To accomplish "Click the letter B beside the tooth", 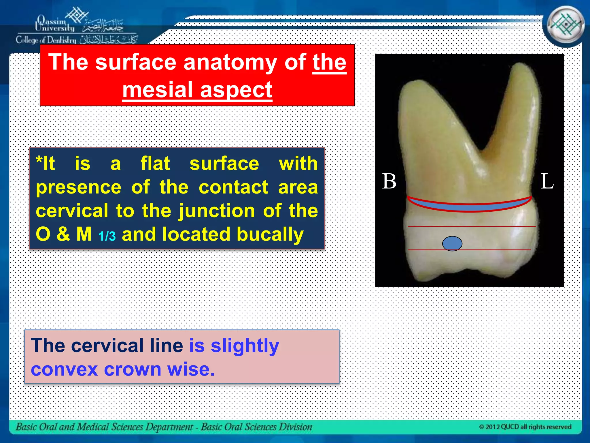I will point(389,181).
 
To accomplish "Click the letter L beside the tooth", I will point(547,181).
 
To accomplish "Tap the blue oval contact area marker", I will point(452,244).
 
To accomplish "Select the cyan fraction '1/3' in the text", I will point(107,236).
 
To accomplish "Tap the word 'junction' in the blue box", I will point(217,211).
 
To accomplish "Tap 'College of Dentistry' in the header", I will point(46,40).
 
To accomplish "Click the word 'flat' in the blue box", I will point(155,164).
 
